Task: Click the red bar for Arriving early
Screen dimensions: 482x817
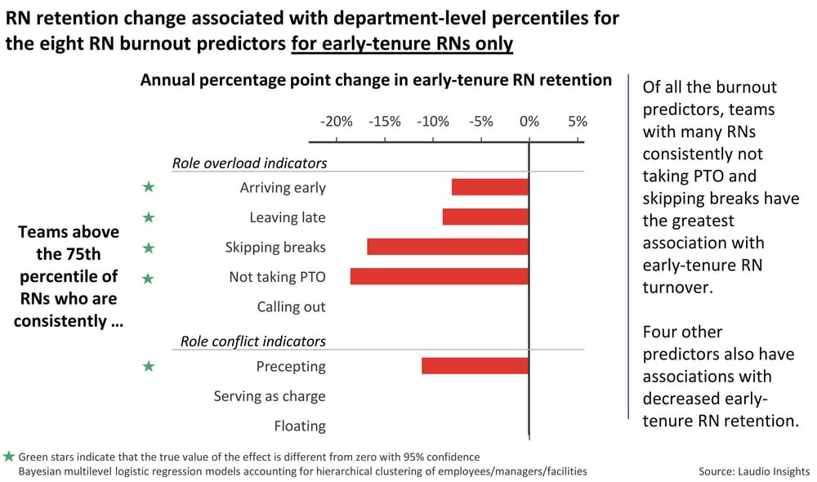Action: point(490,187)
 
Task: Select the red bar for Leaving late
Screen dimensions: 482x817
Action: point(485,216)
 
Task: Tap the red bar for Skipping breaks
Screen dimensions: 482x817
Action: point(448,247)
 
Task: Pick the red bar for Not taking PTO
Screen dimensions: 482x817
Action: point(440,277)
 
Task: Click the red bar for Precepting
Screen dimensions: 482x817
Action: point(475,366)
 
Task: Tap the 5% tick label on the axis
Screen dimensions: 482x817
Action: point(577,122)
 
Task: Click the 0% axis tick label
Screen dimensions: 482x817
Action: point(529,122)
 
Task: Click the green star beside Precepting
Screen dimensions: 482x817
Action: point(148,367)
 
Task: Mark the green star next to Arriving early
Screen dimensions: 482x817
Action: point(148,187)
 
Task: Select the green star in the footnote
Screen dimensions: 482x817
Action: point(8,457)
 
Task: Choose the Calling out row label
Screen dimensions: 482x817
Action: point(291,307)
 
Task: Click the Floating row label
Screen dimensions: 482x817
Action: point(299,426)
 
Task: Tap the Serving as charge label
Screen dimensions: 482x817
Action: point(270,396)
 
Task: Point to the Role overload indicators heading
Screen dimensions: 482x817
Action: point(249,163)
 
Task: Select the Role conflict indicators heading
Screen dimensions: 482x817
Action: point(252,341)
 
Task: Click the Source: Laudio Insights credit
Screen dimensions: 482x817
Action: point(753,471)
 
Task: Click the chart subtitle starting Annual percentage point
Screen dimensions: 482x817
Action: point(376,80)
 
